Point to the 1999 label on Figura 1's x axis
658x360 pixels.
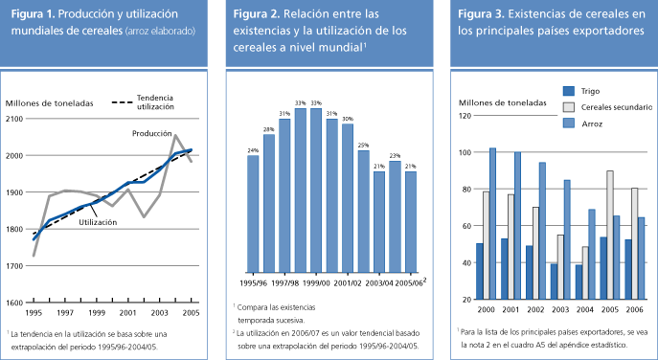(96, 312)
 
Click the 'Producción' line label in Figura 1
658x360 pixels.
(151, 135)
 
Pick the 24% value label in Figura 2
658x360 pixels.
(253, 150)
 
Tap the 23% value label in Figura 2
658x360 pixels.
(394, 156)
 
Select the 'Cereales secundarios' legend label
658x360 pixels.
(620, 107)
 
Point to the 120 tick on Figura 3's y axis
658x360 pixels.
(465, 116)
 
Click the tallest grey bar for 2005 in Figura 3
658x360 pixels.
(609, 235)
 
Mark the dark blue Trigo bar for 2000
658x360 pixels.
(479, 271)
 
